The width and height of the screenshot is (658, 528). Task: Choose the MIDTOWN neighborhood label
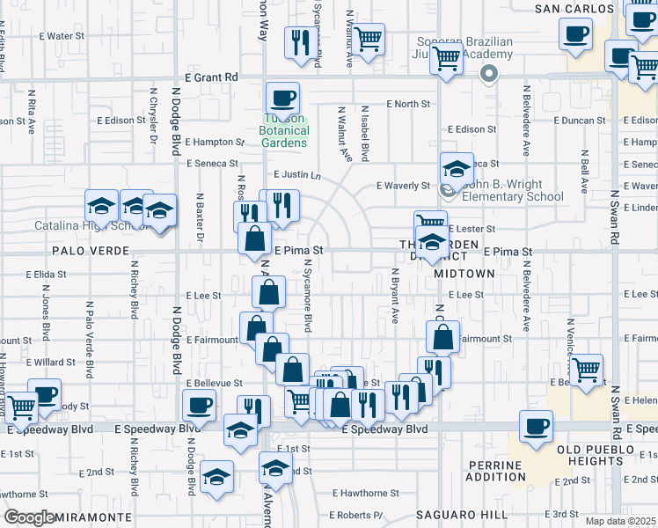(464, 274)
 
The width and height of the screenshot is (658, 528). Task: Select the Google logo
(30, 517)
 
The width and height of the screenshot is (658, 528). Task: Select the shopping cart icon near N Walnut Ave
(369, 38)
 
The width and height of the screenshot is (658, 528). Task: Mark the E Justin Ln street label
(297, 175)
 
